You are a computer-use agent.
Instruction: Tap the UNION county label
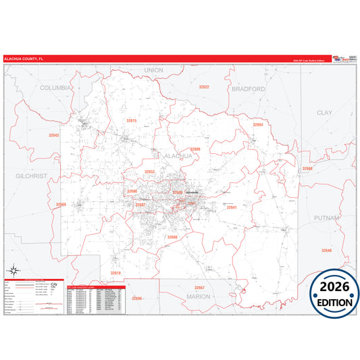pos(153,70)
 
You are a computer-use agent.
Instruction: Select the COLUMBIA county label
pos(55,88)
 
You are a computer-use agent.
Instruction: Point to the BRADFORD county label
pos(248,88)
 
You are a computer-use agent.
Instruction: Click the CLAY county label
pos(325,112)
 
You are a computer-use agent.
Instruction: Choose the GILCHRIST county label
pos(30,175)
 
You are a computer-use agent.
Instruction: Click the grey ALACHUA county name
pos(178,155)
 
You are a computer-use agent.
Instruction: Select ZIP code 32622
pos(203,87)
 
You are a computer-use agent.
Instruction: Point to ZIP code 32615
pos(131,120)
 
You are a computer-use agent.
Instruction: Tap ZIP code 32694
pos(257,124)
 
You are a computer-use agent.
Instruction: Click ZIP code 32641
pos(231,207)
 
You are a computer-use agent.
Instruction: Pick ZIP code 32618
pos(115,273)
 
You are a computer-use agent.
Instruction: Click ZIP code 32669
pos(61,204)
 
